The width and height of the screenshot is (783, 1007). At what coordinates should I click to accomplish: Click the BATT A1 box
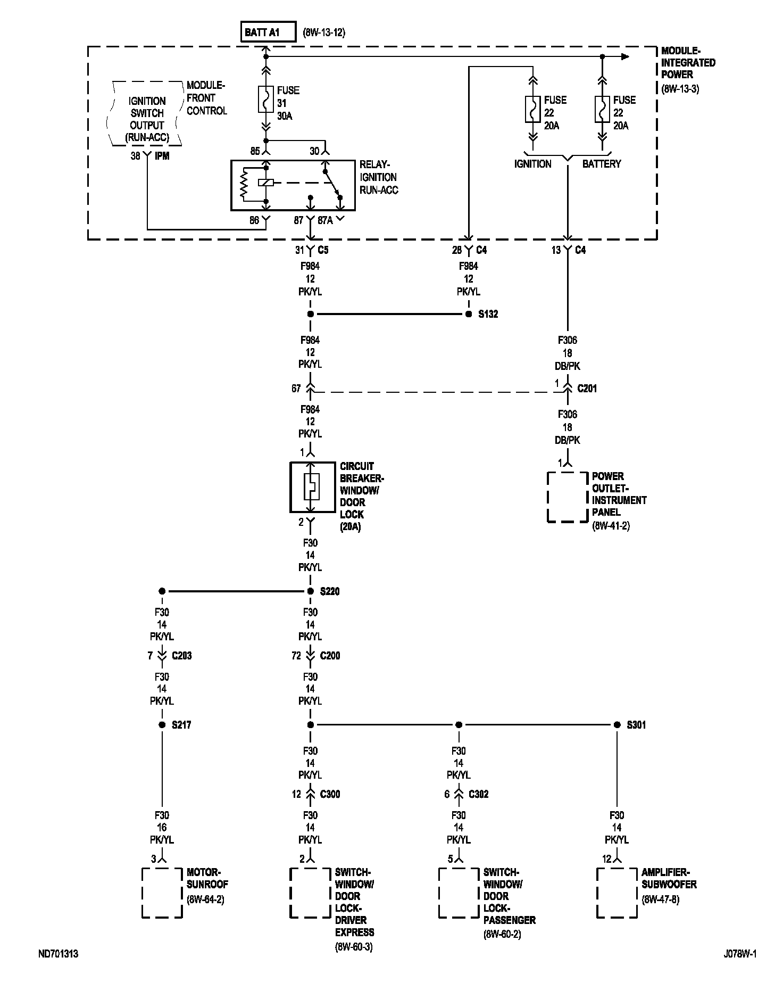tap(268, 32)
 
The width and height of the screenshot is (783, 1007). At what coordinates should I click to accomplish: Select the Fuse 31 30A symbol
tap(266, 99)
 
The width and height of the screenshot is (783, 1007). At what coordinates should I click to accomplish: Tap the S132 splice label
tap(488, 314)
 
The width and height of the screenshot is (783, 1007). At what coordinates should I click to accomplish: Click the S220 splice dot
tap(311, 591)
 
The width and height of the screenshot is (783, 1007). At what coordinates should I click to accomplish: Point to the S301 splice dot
tap(617, 725)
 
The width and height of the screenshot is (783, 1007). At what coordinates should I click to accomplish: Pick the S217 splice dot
tap(162, 725)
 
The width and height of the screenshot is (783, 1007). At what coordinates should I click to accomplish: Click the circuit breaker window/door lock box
tap(311, 487)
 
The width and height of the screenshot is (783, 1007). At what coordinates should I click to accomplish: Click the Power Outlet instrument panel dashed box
tap(568, 497)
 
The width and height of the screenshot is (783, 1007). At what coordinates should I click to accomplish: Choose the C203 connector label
tap(181, 656)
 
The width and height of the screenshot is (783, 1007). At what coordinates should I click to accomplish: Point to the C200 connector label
tap(330, 656)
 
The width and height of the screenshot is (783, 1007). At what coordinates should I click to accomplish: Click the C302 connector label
tap(478, 794)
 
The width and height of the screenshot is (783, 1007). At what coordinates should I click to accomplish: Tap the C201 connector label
tap(587, 389)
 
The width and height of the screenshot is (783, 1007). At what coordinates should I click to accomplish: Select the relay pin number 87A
tap(325, 220)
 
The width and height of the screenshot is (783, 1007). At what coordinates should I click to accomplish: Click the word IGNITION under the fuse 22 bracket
tap(532, 164)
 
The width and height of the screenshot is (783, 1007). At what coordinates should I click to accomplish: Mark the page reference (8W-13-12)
tap(324, 32)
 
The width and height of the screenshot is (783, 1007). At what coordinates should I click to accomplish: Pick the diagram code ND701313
tap(58, 954)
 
